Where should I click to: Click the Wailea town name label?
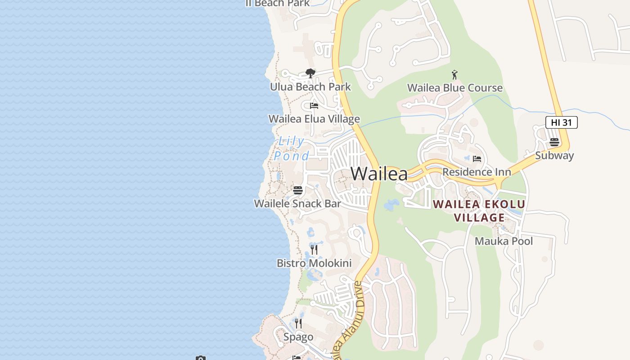click(379, 174)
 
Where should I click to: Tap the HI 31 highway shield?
click(561, 122)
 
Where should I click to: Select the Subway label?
click(554, 156)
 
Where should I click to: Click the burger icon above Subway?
click(554, 143)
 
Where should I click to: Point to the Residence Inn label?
click(477, 172)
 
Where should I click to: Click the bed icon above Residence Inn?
click(477, 159)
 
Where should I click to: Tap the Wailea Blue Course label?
click(454, 88)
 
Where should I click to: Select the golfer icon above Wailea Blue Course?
click(454, 75)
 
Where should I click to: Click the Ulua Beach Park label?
click(310, 86)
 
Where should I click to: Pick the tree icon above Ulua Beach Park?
click(310, 73)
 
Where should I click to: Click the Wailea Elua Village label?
click(314, 119)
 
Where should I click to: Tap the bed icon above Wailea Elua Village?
click(314, 106)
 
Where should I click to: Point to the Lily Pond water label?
click(292, 148)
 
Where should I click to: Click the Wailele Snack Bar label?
click(297, 203)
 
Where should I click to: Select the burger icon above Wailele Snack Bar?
click(297, 190)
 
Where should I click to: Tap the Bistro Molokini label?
click(314, 263)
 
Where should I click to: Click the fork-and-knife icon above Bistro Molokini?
click(314, 250)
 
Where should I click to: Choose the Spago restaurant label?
click(298, 337)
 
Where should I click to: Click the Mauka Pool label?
click(504, 241)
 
